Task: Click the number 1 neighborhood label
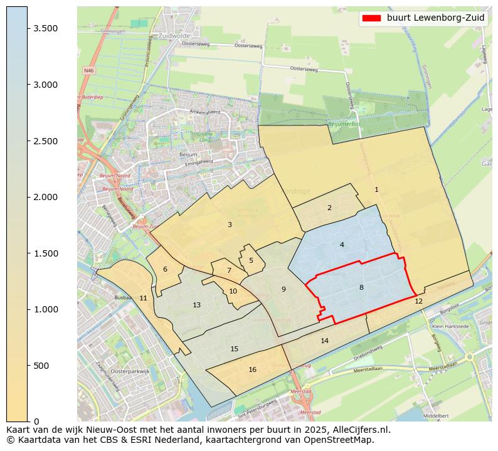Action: (x=376, y=189)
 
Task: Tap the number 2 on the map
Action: (x=329, y=208)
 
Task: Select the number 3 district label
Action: (x=230, y=225)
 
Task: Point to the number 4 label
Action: (x=342, y=245)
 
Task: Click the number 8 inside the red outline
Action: (x=361, y=287)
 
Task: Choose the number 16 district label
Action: (x=252, y=369)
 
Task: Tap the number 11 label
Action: (x=143, y=298)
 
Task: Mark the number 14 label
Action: (x=324, y=341)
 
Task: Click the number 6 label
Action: (x=165, y=269)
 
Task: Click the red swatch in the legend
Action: (x=371, y=18)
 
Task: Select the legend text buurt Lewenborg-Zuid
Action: (x=435, y=18)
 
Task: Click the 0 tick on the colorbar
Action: (x=36, y=421)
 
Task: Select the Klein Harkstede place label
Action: (x=450, y=327)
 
